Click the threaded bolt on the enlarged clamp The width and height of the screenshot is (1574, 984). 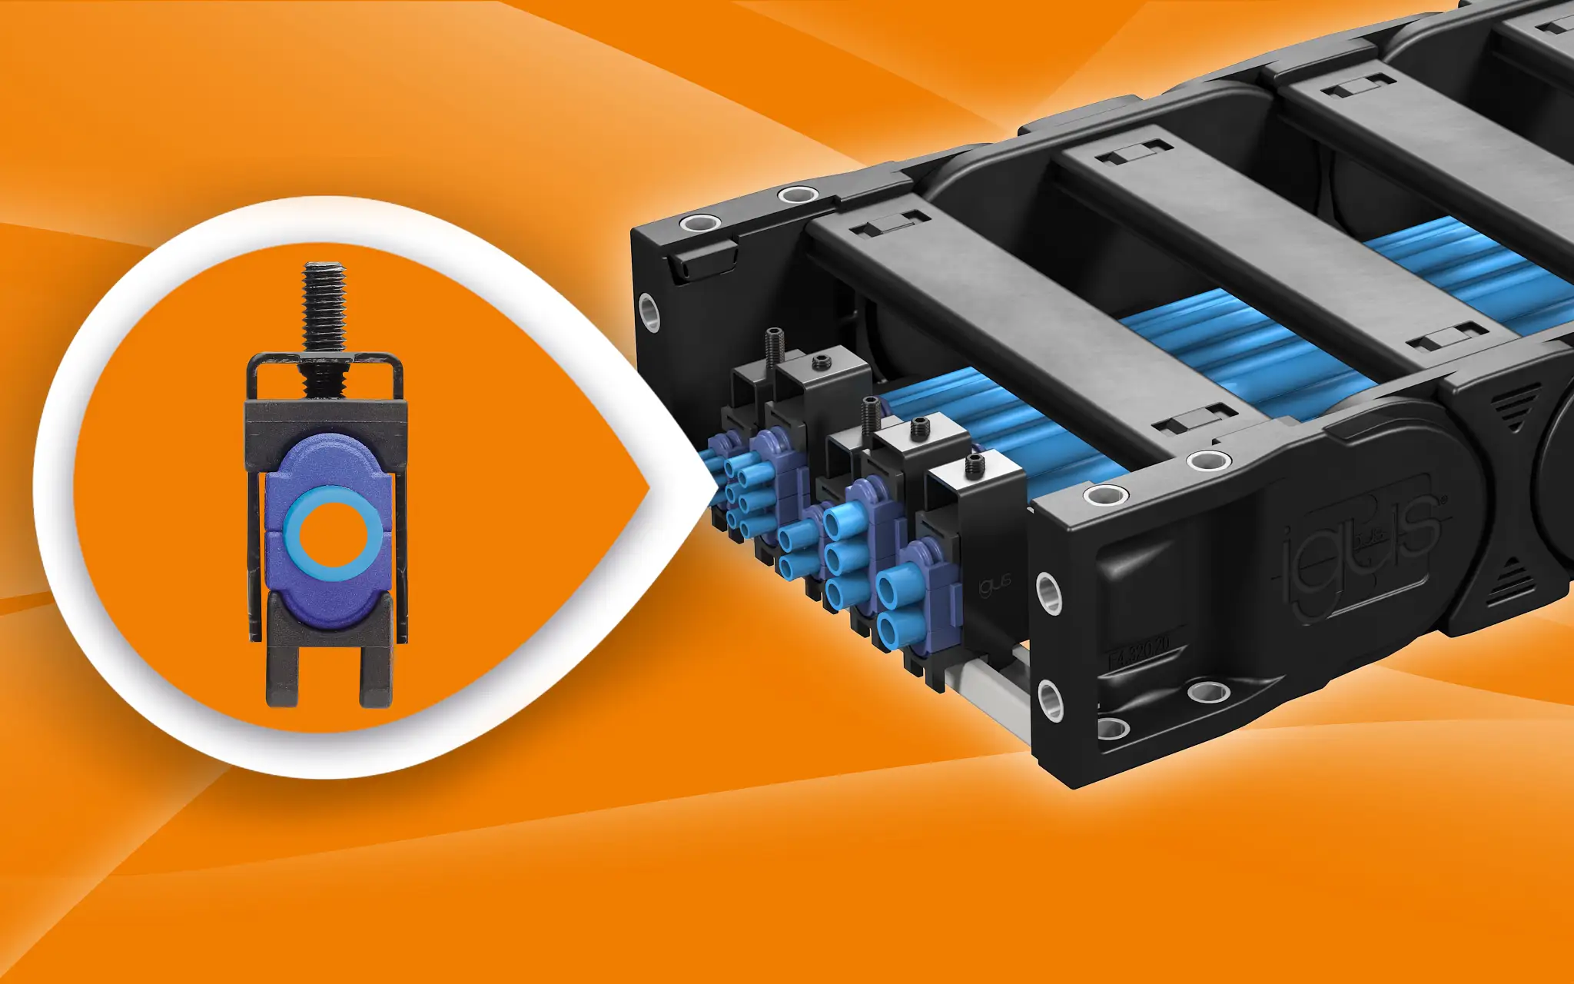[x=324, y=307]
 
